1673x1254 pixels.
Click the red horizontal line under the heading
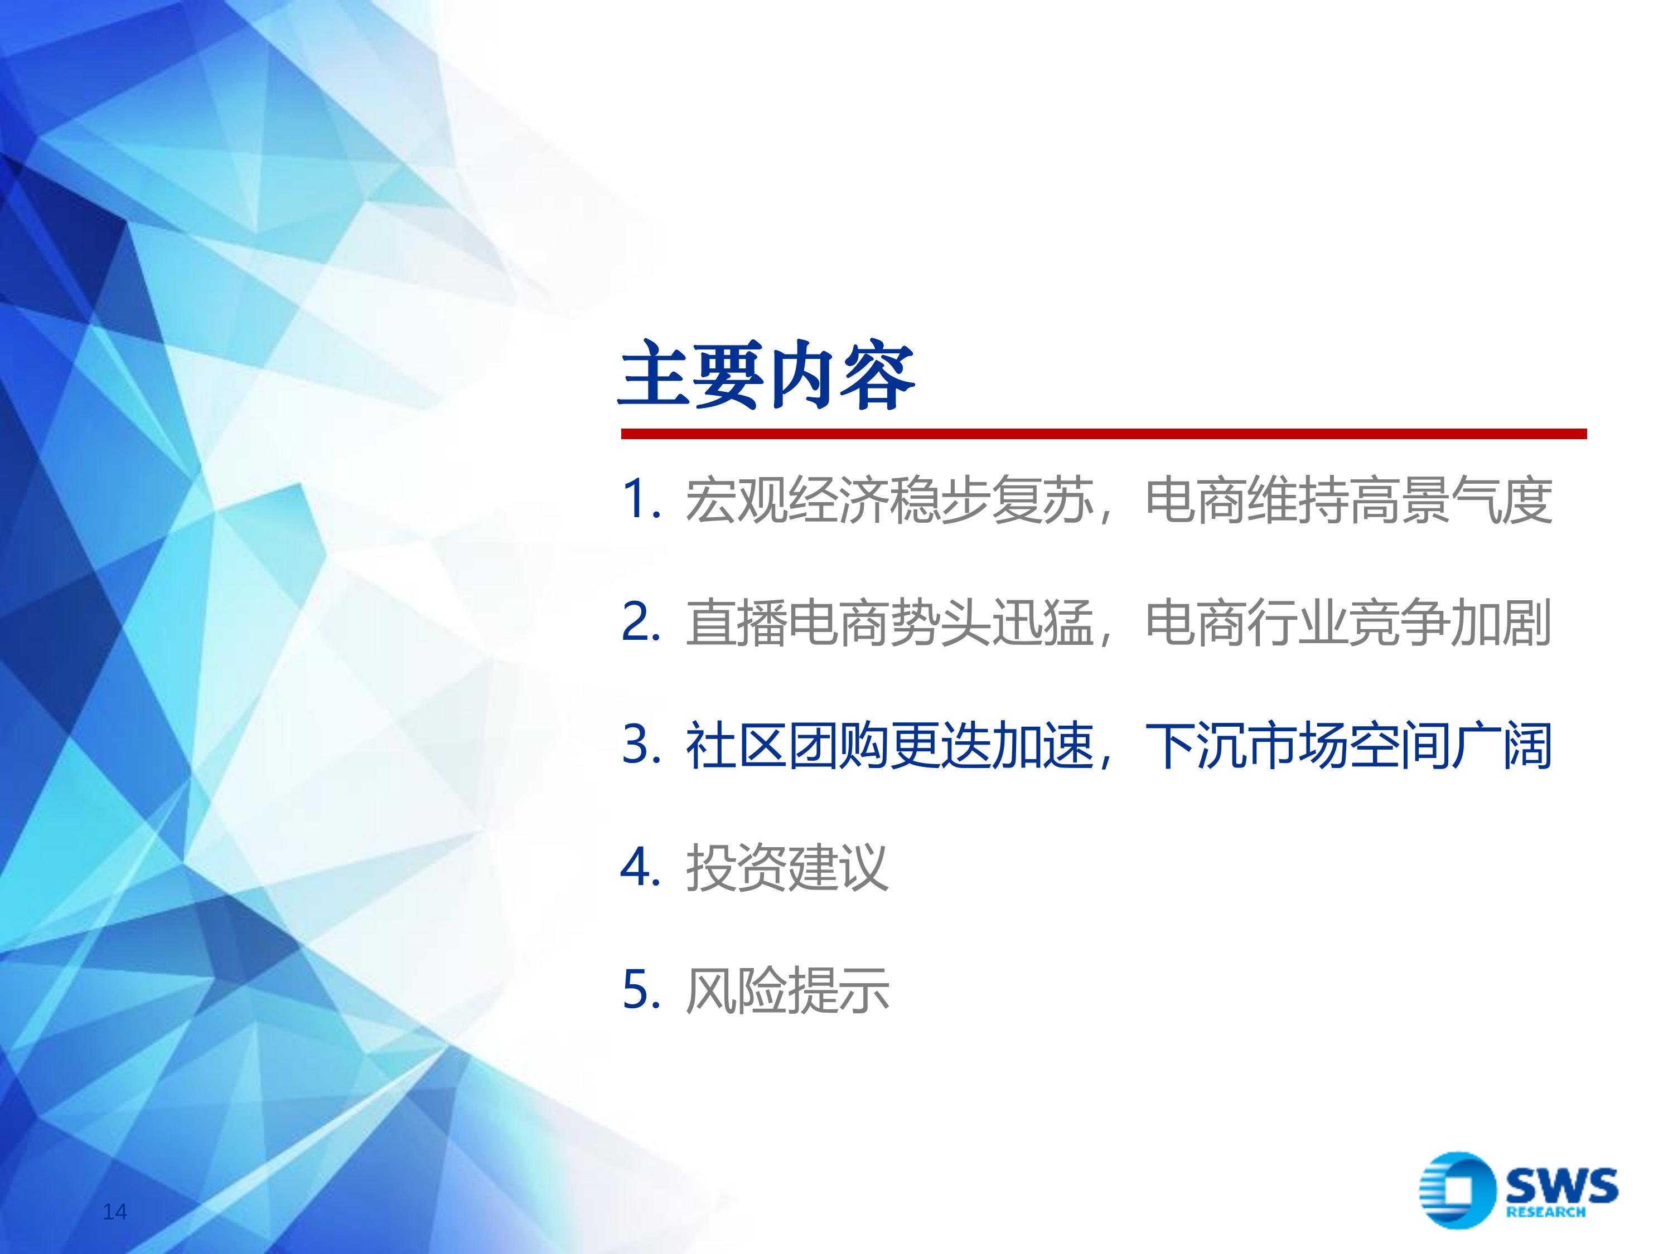coord(1104,434)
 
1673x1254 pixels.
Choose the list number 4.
coord(640,867)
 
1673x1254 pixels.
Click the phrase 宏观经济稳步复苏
coord(889,500)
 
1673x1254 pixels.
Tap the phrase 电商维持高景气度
coord(1348,500)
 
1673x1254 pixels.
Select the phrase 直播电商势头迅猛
coord(889,624)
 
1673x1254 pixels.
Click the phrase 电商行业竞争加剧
coord(1348,624)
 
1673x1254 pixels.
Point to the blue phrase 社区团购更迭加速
coord(889,746)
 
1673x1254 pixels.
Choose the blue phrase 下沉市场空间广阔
coord(1348,746)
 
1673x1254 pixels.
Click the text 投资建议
coord(786,868)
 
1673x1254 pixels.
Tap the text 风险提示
coord(786,991)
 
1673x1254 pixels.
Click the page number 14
coord(115,1212)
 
